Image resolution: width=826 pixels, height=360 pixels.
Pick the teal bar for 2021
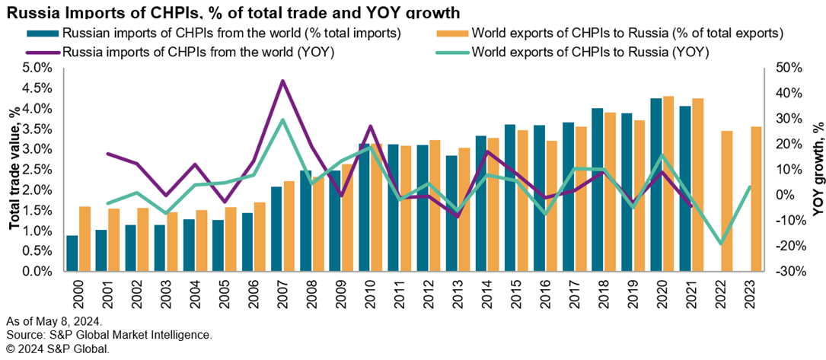click(685, 189)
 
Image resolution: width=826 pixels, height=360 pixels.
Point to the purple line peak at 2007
click(282, 81)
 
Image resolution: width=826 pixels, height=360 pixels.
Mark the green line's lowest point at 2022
click(721, 244)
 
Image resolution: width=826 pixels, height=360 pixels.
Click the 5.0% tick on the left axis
click(37, 68)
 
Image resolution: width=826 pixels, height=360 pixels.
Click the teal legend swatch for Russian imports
click(43, 33)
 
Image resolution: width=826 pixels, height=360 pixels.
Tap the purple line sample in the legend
click(43, 53)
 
